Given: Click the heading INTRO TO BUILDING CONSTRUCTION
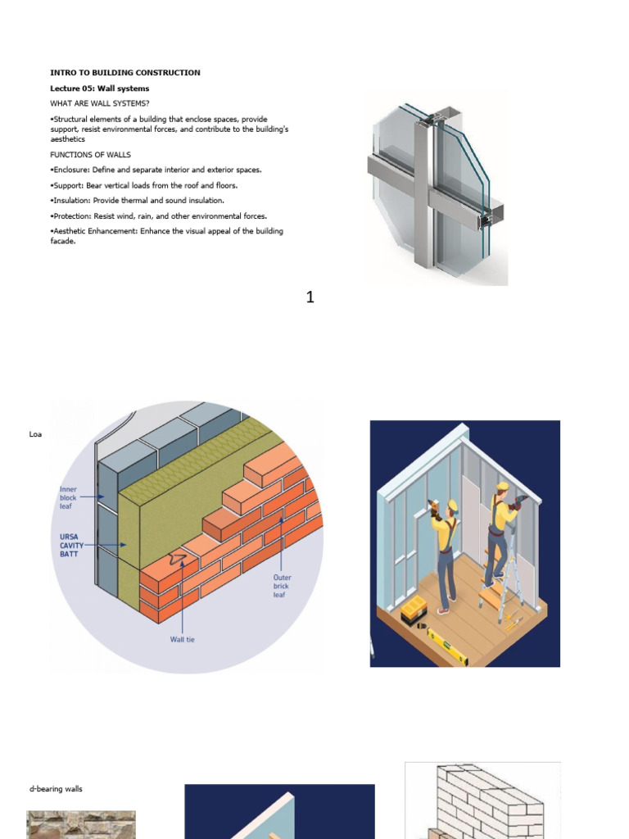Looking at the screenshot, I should pyautogui.click(x=125, y=73).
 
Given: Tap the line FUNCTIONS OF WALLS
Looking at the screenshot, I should pyautogui.click(x=90, y=155).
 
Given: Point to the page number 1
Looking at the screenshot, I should pyautogui.click(x=310, y=297).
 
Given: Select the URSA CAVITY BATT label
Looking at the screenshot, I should pyautogui.click(x=71, y=544).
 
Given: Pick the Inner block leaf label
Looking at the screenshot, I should pyautogui.click(x=68, y=497).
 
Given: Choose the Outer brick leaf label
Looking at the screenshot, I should pyautogui.click(x=283, y=586).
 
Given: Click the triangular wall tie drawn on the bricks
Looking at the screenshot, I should pyautogui.click(x=175, y=559).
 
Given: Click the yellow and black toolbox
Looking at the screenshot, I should pyautogui.click(x=414, y=607).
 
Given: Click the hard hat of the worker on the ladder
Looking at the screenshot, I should pyautogui.click(x=502, y=485).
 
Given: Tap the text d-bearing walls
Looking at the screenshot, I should pyautogui.click(x=56, y=789).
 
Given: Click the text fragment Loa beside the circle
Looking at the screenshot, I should pyautogui.click(x=35, y=434).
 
